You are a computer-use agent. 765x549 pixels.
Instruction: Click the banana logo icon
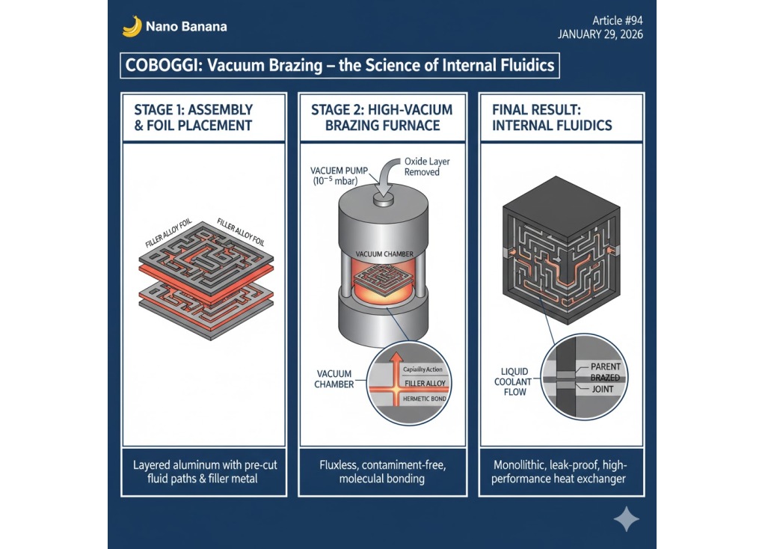pos(132,26)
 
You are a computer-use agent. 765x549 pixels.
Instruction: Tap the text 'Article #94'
pos(617,20)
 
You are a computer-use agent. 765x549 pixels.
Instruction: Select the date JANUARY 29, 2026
pos(600,34)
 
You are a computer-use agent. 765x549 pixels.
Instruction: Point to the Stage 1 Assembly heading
pos(193,117)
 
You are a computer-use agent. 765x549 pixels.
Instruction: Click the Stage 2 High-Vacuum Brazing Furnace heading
pos(381,117)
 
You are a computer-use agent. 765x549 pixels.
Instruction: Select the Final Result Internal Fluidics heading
pos(552,117)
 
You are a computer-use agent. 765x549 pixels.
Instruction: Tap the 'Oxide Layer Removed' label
pos(428,166)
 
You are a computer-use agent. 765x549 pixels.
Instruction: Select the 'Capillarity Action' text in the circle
pos(424,370)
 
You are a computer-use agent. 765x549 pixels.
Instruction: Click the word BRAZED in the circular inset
pos(604,378)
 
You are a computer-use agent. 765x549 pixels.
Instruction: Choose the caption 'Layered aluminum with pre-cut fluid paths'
pos(204,471)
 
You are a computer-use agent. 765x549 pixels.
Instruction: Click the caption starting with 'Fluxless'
pos(382,471)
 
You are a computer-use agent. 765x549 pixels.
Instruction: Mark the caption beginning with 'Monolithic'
pos(560,471)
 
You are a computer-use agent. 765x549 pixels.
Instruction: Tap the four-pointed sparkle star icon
pos(625,519)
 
